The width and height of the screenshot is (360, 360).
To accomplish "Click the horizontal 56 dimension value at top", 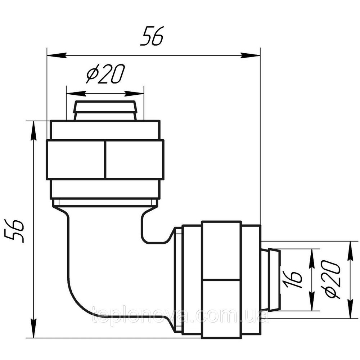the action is pyautogui.click(x=152, y=36).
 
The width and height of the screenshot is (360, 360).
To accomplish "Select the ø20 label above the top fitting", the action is pyautogui.click(x=105, y=73).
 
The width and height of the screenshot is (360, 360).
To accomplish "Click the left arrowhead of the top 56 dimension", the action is pyautogui.click(x=57, y=55).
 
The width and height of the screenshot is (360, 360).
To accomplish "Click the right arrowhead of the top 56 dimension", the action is pyautogui.click(x=250, y=55).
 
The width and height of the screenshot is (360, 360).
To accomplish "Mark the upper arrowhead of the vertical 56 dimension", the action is pyautogui.click(x=34, y=130).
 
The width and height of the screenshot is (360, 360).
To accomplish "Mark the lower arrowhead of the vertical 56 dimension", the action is pyautogui.click(x=34, y=328).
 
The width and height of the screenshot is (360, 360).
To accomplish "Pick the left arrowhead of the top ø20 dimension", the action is pyautogui.click(x=76, y=94).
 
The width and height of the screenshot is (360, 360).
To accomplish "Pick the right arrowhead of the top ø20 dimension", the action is pyautogui.click(x=134, y=94).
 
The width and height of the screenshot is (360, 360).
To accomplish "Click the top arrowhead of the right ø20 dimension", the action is pyautogui.click(x=350, y=251).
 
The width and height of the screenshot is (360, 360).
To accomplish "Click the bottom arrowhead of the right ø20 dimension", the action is pyautogui.click(x=350, y=309).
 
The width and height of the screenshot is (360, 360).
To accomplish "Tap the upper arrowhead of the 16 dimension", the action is pyautogui.click(x=311, y=258).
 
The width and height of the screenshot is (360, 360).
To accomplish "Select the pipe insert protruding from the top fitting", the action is pyautogui.click(x=105, y=111).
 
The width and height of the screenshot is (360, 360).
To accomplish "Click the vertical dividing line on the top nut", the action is pyautogui.click(x=105, y=160).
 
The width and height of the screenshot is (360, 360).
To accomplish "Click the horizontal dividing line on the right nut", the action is pyautogui.click(x=221, y=280).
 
